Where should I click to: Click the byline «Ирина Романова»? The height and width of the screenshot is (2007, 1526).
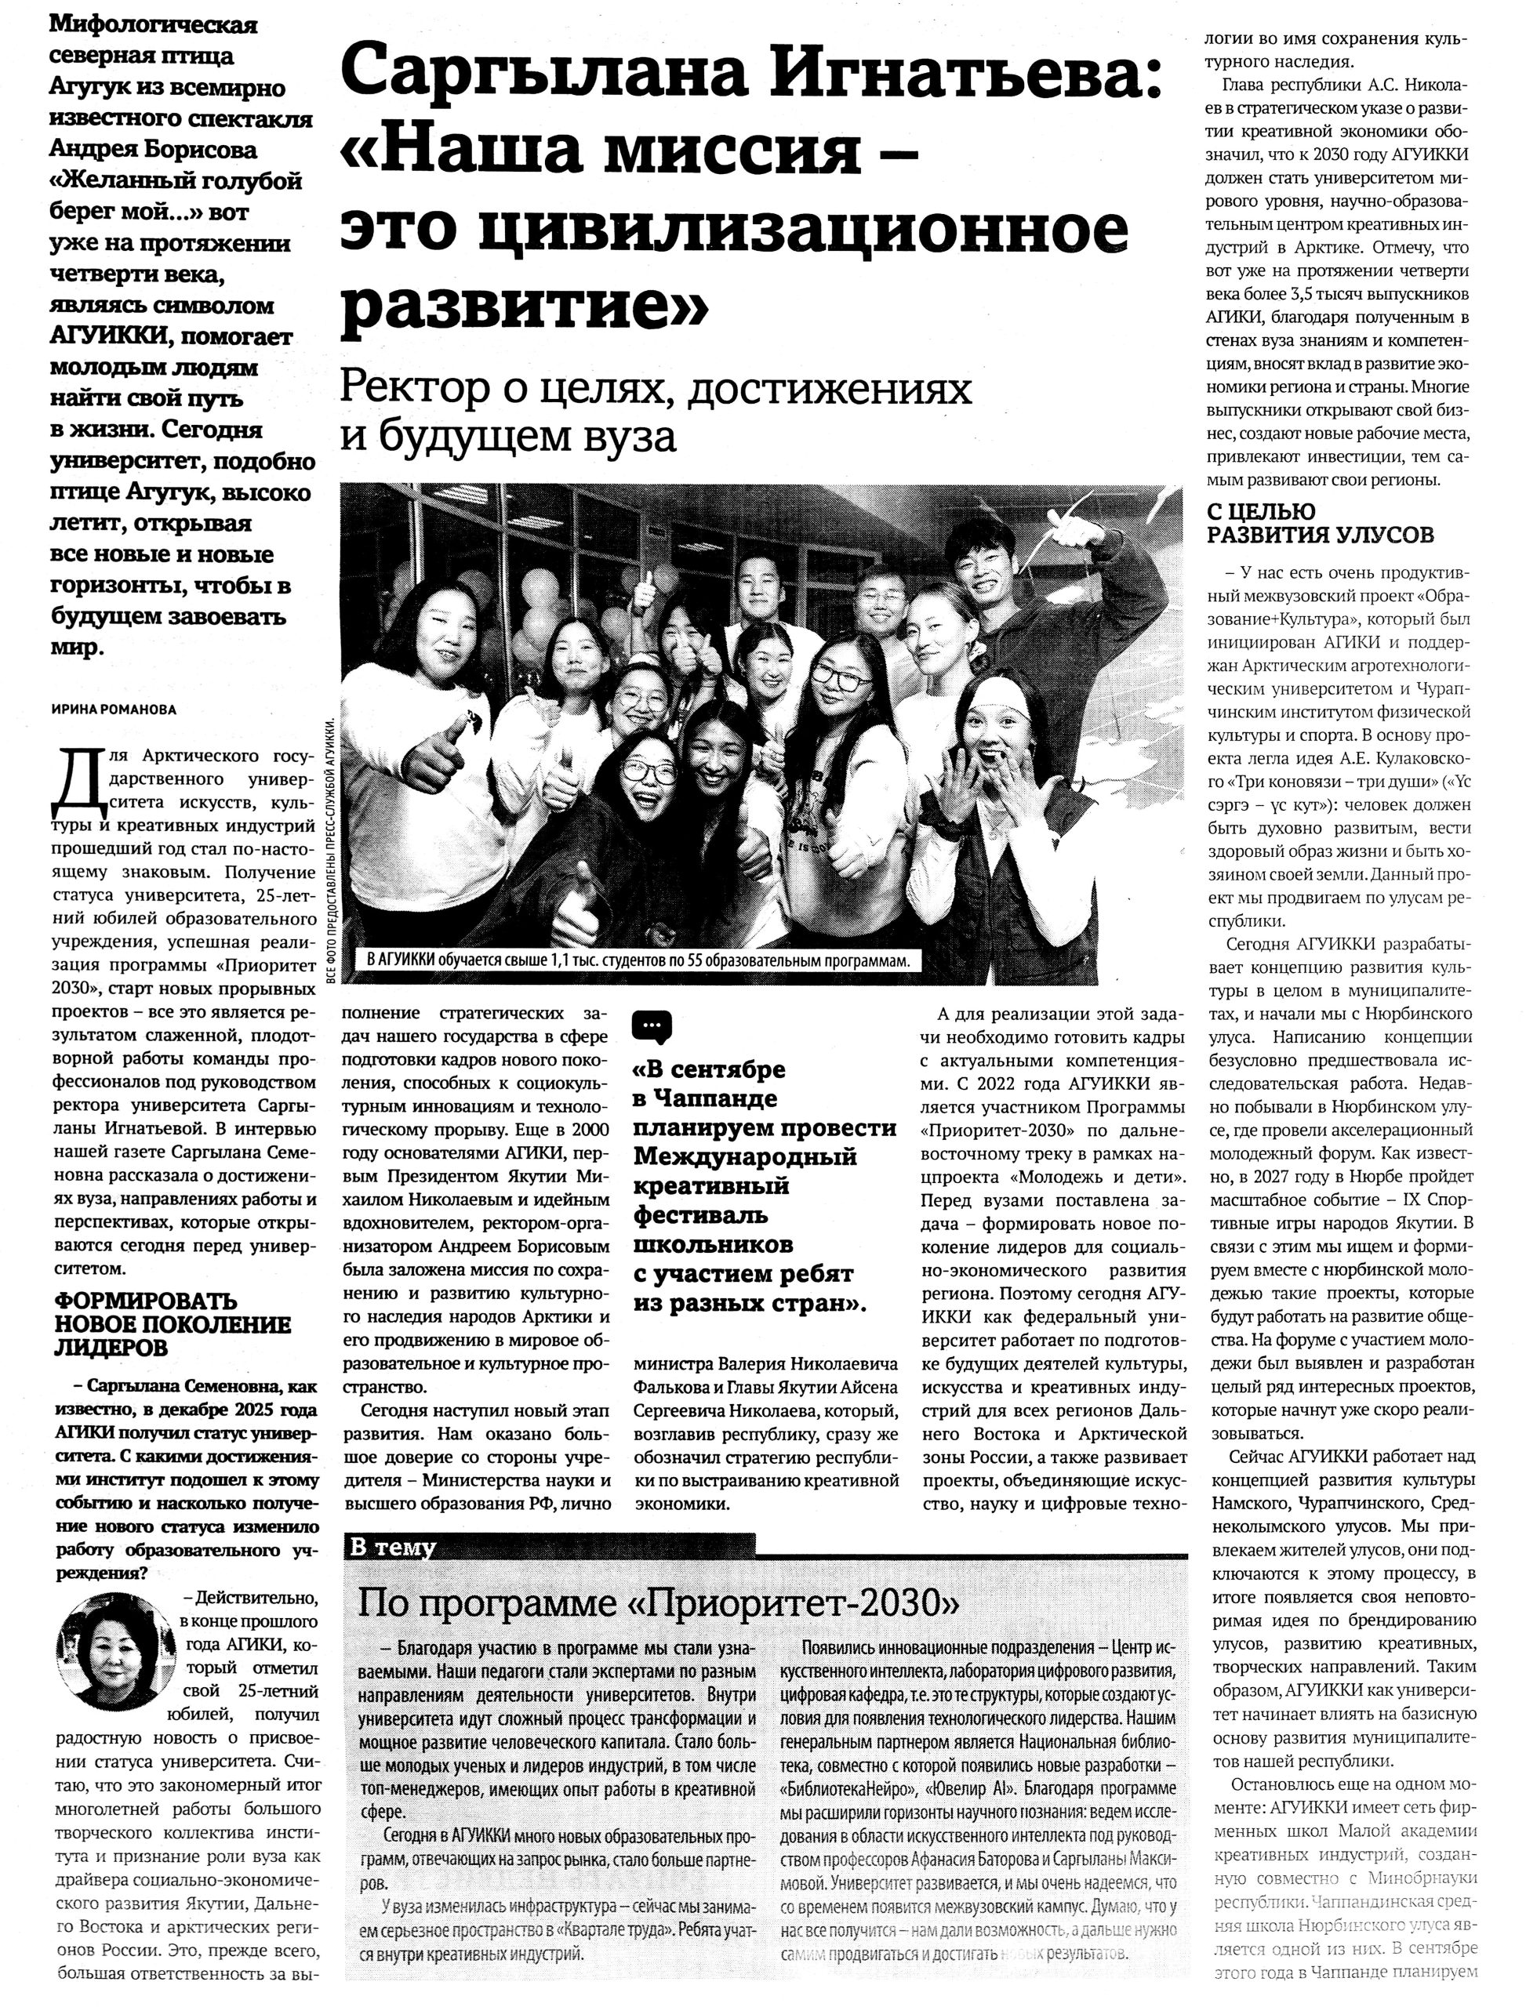(x=113, y=710)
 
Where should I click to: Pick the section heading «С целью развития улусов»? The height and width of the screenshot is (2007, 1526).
(x=1320, y=523)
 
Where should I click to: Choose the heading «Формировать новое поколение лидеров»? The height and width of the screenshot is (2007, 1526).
(x=173, y=1323)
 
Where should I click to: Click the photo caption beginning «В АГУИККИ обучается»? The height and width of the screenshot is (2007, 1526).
(x=635, y=960)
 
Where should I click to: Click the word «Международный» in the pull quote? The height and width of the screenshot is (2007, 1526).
(x=746, y=1157)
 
